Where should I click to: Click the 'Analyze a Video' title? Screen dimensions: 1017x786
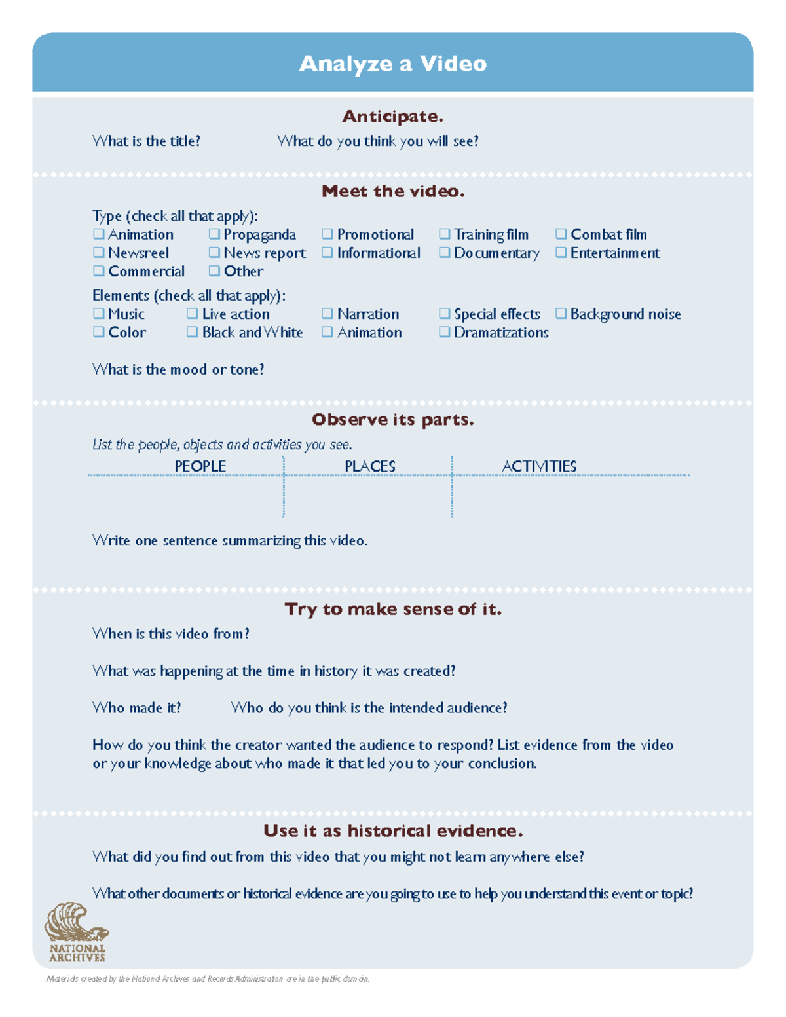392,64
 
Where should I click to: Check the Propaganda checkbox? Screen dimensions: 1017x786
214,234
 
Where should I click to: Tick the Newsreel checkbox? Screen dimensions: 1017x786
99,252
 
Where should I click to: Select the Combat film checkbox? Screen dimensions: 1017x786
561,234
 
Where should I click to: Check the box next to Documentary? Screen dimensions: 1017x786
444,252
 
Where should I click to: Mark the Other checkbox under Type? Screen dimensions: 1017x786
214,270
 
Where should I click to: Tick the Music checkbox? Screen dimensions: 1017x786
99,314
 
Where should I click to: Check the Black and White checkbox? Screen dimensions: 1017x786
192,332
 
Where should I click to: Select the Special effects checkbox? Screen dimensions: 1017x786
444,314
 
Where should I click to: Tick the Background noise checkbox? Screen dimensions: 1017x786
561,314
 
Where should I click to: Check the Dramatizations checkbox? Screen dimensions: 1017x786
444,332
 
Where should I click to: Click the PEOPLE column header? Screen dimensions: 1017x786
200,466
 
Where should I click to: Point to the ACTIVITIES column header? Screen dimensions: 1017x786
538,466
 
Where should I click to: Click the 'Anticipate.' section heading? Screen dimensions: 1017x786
392,117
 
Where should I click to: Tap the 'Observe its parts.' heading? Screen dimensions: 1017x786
392,420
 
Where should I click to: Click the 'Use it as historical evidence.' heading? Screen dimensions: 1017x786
392,831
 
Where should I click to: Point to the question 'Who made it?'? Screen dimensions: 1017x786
136,708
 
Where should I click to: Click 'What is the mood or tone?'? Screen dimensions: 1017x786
178,369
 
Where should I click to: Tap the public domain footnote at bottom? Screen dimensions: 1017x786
208,979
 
